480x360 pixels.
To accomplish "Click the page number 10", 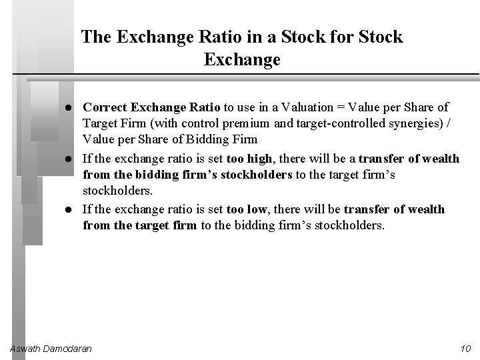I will point(465,349).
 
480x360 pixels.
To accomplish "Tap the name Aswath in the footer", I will point(27,349).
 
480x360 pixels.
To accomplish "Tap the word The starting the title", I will point(97,37).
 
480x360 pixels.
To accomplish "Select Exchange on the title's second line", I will point(242,61).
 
